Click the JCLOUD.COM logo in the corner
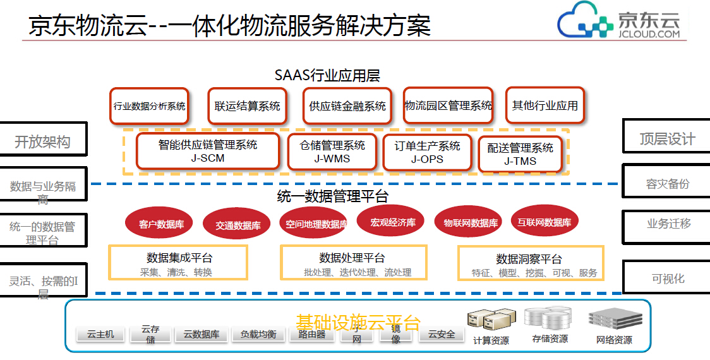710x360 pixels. (x=619, y=22)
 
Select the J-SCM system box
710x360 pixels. (x=208, y=151)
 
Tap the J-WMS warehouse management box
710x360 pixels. (x=332, y=152)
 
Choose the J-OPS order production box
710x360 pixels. (x=427, y=152)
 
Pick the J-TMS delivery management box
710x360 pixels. (x=520, y=154)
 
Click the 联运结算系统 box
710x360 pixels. (x=247, y=106)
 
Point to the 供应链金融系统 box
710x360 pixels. (x=347, y=106)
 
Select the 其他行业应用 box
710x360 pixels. (x=545, y=105)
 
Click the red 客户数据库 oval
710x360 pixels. (x=161, y=224)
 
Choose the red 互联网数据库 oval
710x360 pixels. (x=544, y=222)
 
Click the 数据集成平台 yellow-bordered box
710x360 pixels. (x=178, y=263)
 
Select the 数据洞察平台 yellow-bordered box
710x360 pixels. (x=530, y=263)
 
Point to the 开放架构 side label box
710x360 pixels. (x=43, y=141)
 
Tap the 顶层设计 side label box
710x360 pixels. (x=667, y=138)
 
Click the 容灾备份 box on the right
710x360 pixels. (x=667, y=183)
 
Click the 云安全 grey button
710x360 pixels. (x=442, y=334)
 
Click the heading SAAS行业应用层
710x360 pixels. (x=327, y=75)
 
